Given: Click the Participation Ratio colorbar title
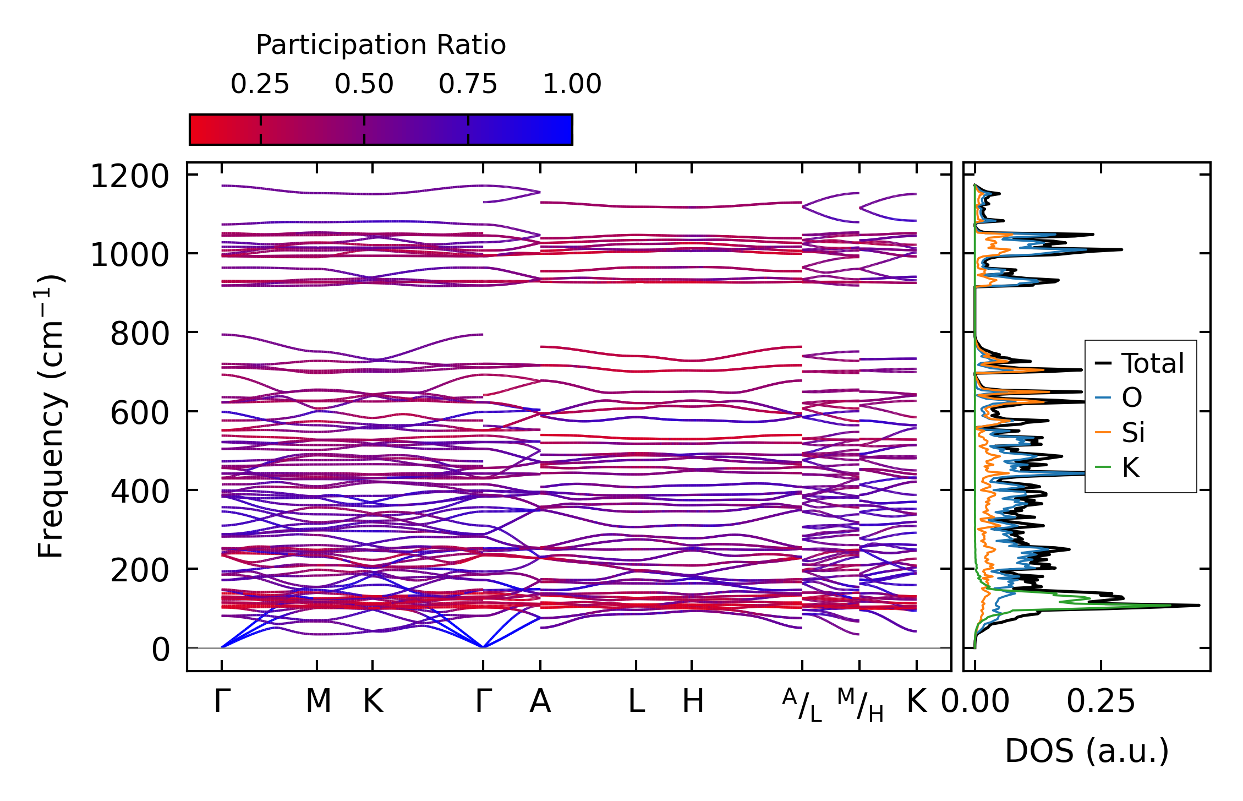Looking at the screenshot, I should (x=381, y=45).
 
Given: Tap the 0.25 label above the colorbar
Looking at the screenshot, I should (x=260, y=84).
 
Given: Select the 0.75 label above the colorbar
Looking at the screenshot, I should (x=468, y=84).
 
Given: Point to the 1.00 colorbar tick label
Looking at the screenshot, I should (x=572, y=84).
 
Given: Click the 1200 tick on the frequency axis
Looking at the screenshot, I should (x=130, y=177).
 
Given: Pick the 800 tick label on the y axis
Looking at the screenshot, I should (x=140, y=334).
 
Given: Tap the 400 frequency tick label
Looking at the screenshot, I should (x=140, y=492).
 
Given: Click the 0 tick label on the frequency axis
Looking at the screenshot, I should (x=161, y=650).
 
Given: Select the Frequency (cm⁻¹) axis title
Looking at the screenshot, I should (x=51, y=417).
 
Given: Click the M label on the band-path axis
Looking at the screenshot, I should (x=318, y=701).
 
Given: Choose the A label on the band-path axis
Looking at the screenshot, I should (x=540, y=701).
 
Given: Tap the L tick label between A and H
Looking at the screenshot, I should (x=636, y=701).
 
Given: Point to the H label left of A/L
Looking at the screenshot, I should (x=693, y=701).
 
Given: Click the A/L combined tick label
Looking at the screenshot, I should (x=802, y=705).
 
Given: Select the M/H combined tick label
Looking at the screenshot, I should (x=860, y=705).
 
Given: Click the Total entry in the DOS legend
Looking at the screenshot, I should (x=1153, y=363).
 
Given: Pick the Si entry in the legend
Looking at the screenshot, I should (x=1134, y=433).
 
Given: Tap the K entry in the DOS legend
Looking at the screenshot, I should (x=1130, y=467).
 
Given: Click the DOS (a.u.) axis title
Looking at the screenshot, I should (x=1087, y=751).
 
